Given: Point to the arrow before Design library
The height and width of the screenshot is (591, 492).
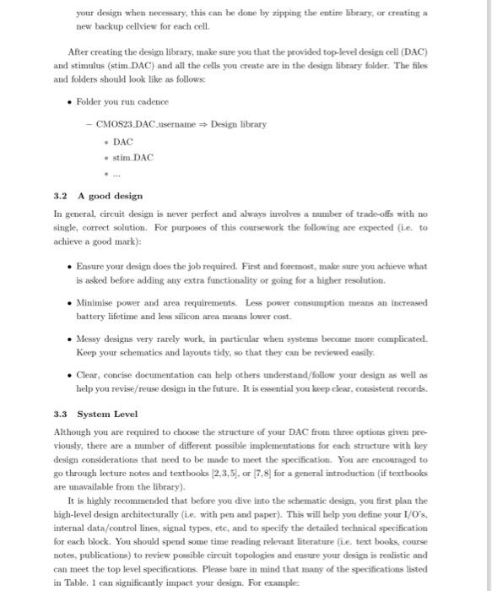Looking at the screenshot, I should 201,124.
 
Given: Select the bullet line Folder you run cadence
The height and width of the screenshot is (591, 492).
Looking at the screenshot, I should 113,101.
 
